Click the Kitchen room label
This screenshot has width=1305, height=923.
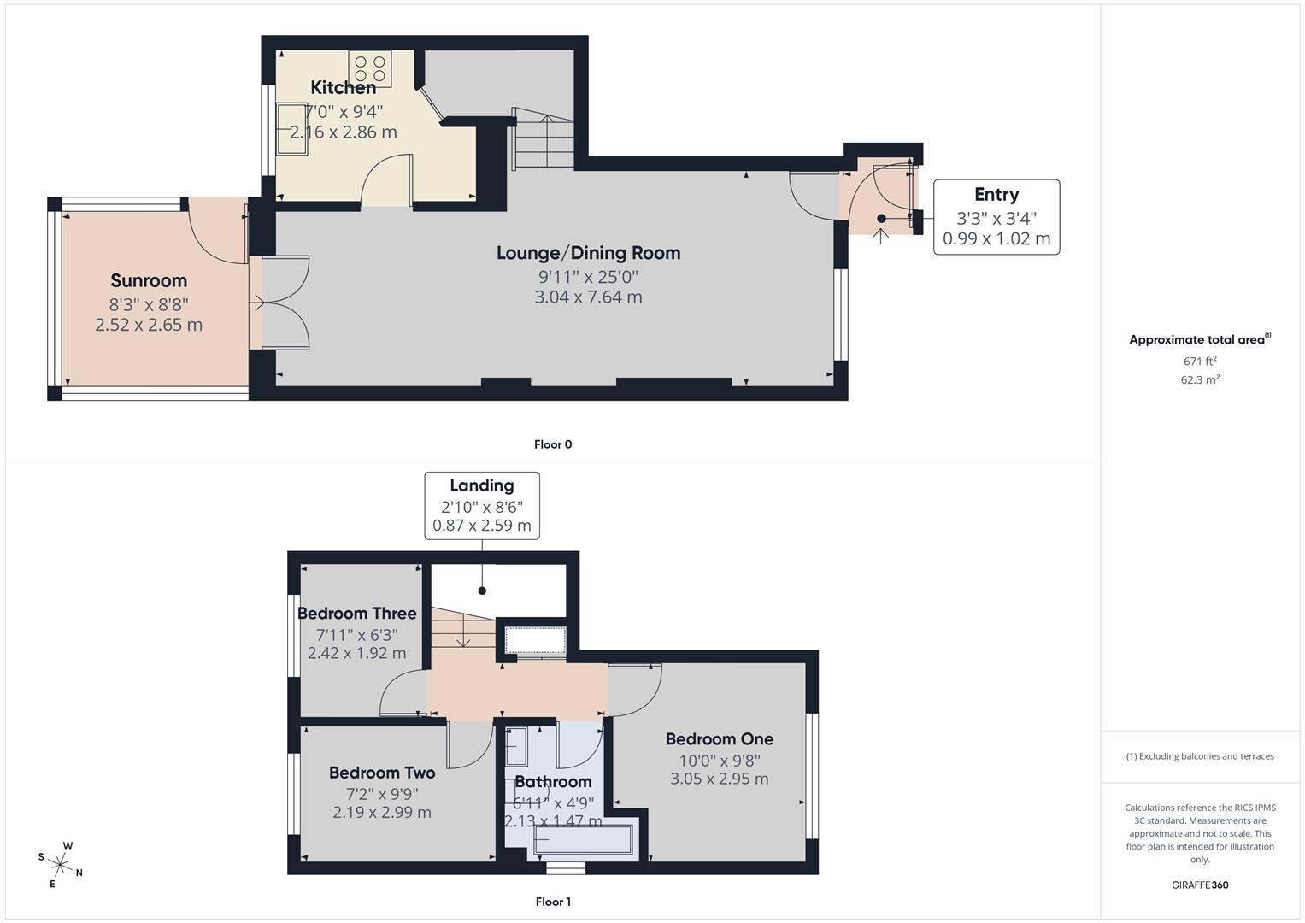(344, 87)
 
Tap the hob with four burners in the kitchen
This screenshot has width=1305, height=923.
(370, 68)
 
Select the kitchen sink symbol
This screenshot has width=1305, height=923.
(292, 129)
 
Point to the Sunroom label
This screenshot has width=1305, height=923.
(149, 280)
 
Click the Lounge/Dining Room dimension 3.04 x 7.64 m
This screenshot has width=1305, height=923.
(589, 297)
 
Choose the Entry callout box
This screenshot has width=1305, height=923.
(996, 217)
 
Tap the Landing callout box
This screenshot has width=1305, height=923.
(482, 506)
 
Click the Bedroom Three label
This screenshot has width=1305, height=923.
(356, 613)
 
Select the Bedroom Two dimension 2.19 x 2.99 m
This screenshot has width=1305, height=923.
(382, 812)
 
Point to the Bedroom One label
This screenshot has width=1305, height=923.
(720, 739)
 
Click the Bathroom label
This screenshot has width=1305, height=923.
(553, 781)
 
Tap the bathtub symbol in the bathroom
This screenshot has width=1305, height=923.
(583, 839)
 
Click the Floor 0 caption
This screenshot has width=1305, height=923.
(553, 444)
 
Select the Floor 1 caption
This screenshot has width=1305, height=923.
(553, 902)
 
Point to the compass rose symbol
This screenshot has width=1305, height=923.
(60, 865)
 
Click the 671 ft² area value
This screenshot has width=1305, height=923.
(1200, 361)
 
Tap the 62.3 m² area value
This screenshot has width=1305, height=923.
(1200, 379)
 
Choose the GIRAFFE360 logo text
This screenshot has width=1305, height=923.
(1200, 885)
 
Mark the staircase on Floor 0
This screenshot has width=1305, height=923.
(543, 138)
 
